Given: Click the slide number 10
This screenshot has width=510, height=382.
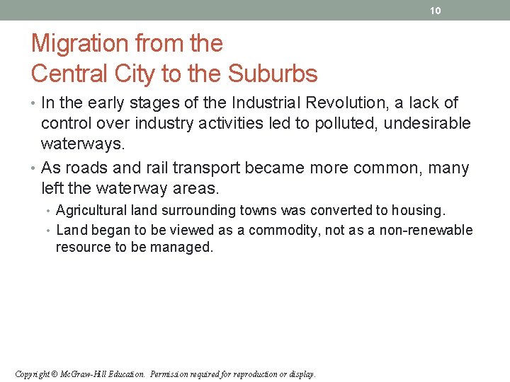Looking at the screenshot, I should [x=436, y=11].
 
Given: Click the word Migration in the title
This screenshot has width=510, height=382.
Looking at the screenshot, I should [x=77, y=44].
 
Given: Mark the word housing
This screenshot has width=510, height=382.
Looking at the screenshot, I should [x=416, y=210].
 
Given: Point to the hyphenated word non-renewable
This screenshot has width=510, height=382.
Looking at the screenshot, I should [x=429, y=230].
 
